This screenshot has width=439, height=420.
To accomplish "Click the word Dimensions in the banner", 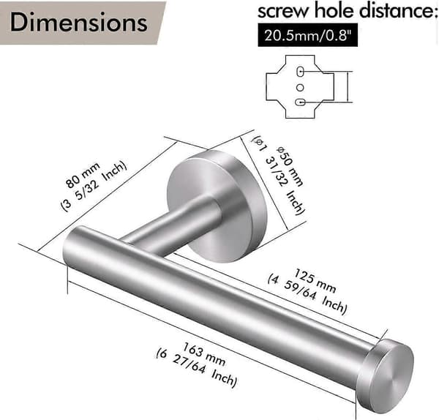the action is point(79,22).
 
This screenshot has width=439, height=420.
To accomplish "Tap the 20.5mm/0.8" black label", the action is point(307,35).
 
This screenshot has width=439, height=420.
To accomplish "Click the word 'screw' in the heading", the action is point(283,12).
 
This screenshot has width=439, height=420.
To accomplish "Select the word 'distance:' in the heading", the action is point(399,11).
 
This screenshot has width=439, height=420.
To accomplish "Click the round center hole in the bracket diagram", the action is point(300,88).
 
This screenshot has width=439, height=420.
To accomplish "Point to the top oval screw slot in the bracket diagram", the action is point(300,72).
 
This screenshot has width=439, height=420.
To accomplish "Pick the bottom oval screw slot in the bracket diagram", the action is point(300,102).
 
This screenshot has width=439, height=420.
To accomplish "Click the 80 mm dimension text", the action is point(83,175).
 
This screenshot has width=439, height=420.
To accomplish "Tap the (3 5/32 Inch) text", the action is point(94,186).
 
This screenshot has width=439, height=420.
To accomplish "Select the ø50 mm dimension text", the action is point(290,166).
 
